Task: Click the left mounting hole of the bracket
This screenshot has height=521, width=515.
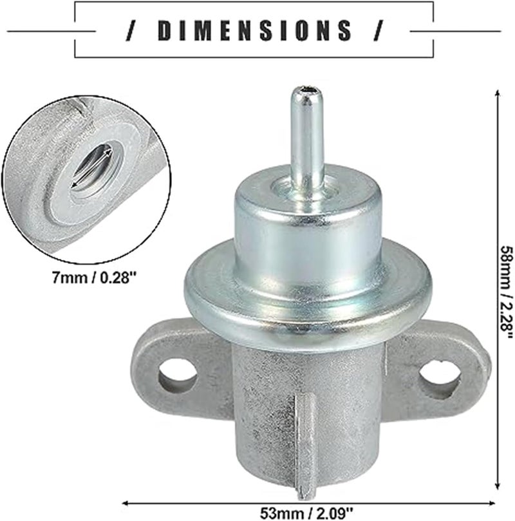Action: [x=177, y=375]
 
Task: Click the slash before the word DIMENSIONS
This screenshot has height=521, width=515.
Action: [x=133, y=30]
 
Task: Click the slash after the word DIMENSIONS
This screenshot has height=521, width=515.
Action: [x=379, y=30]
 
